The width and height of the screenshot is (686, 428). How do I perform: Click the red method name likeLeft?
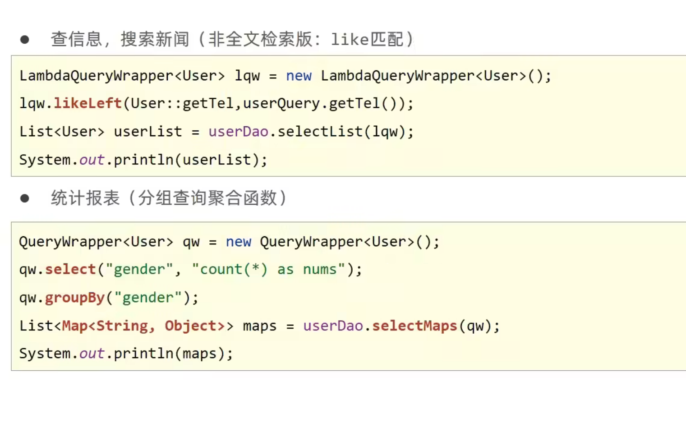click(x=87, y=103)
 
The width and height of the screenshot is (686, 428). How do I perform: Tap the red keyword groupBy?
click(x=74, y=298)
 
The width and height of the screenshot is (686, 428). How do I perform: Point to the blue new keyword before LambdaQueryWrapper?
click(x=299, y=76)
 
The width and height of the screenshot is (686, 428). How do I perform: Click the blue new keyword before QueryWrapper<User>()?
click(x=238, y=242)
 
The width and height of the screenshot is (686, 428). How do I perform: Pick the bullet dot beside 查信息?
click(x=25, y=40)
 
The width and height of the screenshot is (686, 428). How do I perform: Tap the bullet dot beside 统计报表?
click(x=25, y=198)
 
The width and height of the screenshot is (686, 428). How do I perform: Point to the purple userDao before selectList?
click(x=238, y=132)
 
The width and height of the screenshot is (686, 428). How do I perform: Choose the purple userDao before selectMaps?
click(x=333, y=326)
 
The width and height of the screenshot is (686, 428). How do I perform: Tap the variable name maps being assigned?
click(x=259, y=326)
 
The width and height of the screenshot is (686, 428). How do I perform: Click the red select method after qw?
click(x=70, y=269)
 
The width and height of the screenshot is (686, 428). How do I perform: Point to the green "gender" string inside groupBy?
click(x=147, y=298)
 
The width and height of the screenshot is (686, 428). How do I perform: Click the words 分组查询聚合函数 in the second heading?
click(x=207, y=198)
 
